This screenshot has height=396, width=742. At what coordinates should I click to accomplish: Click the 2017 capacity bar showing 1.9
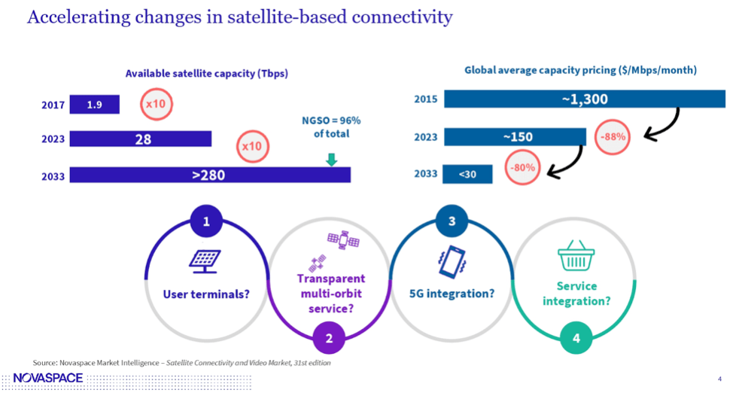(x=94, y=105)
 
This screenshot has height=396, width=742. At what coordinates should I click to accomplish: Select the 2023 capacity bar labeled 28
(x=141, y=139)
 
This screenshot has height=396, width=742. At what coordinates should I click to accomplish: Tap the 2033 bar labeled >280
(x=210, y=175)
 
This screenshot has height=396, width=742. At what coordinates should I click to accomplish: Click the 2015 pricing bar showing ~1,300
(x=584, y=99)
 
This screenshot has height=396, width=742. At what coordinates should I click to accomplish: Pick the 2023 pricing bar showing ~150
(x=515, y=137)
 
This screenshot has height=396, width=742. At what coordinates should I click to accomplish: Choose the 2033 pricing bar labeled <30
(x=468, y=174)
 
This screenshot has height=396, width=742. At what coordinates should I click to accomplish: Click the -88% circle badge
(x=612, y=138)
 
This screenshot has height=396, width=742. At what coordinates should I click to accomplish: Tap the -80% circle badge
(x=521, y=168)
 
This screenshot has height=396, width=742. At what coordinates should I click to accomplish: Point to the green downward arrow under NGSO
(x=331, y=160)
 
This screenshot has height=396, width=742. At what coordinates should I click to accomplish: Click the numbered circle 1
(x=206, y=222)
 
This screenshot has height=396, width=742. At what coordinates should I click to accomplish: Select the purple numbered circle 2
(x=329, y=338)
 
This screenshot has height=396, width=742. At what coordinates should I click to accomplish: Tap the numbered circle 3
(x=452, y=222)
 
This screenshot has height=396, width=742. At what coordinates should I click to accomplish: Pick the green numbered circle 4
(x=576, y=338)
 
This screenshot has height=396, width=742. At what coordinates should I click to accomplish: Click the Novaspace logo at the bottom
(x=48, y=378)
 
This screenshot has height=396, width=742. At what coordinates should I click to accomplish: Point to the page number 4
(x=720, y=378)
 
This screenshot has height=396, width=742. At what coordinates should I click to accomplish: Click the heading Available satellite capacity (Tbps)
(x=207, y=73)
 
